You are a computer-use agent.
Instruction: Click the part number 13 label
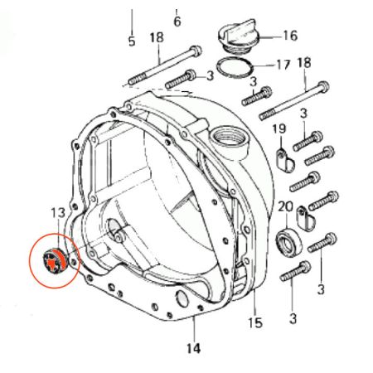[x=58, y=212]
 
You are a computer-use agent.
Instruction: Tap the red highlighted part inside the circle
[x=55, y=261]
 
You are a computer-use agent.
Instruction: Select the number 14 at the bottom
[x=193, y=348]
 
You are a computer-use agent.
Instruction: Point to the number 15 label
[x=254, y=322]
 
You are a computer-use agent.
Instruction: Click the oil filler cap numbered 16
[x=238, y=36]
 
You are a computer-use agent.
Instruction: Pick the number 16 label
[x=290, y=36]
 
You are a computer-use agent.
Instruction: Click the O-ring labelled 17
[x=235, y=68]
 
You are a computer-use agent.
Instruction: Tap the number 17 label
[x=283, y=65]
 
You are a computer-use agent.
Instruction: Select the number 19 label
[x=279, y=128]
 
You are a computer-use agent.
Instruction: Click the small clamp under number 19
[x=286, y=162]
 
